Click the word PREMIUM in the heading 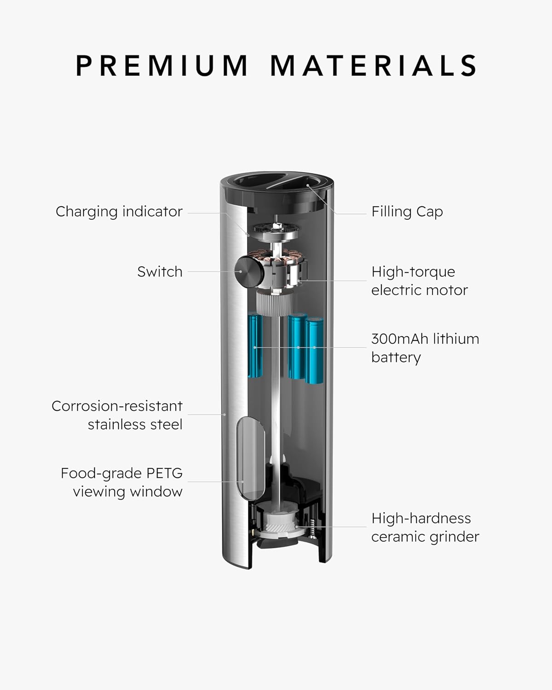[x=161, y=65]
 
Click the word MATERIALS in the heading [x=374, y=65]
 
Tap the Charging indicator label [x=119, y=212]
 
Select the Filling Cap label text [x=407, y=212]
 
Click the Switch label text [x=160, y=272]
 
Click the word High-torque [x=413, y=272]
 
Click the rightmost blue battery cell [x=314, y=350]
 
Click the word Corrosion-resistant [x=117, y=406]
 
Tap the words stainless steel [x=135, y=425]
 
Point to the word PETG [x=165, y=473]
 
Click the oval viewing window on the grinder [x=251, y=458]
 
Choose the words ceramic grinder [x=425, y=537]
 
